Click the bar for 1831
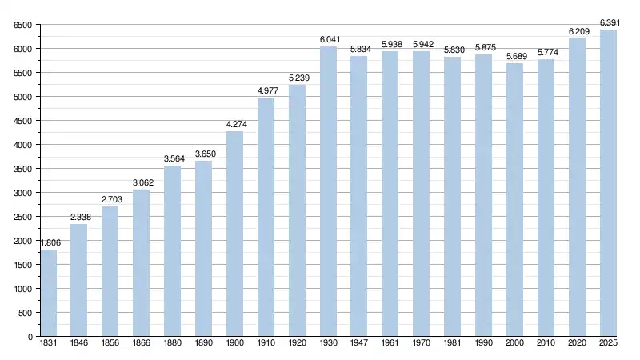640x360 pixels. (x=49, y=293)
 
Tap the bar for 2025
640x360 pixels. (x=608, y=183)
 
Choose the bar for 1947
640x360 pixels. (x=359, y=197)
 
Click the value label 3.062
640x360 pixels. (x=142, y=182)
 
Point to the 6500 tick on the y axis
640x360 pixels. (x=21, y=25)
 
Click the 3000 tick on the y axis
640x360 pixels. (x=21, y=193)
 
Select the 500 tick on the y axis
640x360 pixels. (x=24, y=313)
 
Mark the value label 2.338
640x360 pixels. (x=80, y=217)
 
